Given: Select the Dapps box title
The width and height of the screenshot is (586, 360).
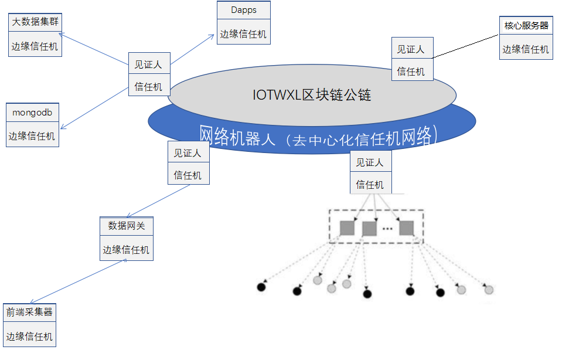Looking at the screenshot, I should [243, 10].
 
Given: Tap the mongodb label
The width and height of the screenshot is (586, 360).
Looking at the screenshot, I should [32, 112].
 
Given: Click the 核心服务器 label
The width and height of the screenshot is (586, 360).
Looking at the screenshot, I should [526, 26].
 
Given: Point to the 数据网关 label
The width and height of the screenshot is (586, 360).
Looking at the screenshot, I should [126, 225].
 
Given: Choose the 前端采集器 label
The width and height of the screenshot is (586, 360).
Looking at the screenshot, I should [29, 312].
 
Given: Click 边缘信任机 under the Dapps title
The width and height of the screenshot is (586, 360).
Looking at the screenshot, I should [243, 34].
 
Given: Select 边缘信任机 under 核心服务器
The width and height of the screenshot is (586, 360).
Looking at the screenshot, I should [526, 49].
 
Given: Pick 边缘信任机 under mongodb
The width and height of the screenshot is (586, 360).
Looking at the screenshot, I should [32, 136].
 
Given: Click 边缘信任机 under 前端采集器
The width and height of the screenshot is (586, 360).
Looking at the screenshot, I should [29, 337].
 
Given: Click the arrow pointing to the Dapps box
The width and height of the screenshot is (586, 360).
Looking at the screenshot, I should [193, 49].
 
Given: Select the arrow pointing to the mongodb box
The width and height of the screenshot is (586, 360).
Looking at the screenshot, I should [94, 108].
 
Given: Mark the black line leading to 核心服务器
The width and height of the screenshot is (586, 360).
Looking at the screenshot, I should [466, 46].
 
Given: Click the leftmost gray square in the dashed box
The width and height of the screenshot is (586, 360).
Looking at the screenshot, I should [347, 227].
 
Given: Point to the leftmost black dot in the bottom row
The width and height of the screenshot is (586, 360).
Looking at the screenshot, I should [261, 287].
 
